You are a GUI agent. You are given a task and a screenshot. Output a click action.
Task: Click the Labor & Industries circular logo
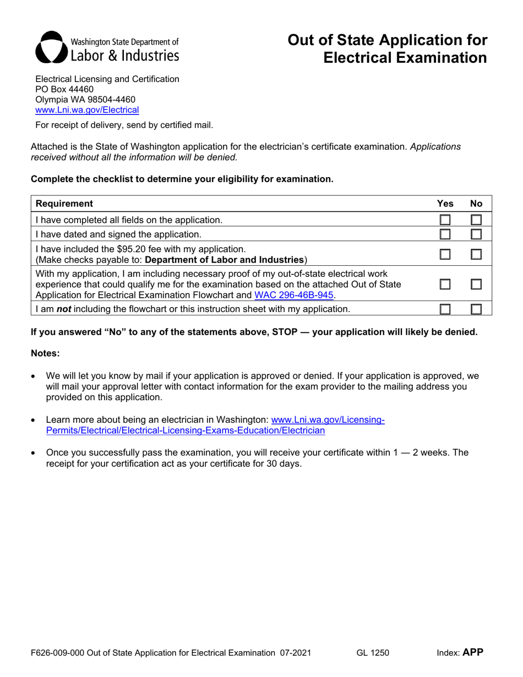(x=51, y=48)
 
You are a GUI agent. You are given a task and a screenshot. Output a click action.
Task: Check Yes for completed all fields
(x=444, y=220)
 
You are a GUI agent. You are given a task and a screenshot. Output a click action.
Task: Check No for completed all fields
(x=476, y=220)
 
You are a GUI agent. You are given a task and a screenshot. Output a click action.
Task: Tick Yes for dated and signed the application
(x=444, y=234)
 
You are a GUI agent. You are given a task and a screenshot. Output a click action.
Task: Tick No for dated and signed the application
(x=476, y=234)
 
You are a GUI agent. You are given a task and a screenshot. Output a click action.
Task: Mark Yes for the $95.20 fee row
(x=444, y=254)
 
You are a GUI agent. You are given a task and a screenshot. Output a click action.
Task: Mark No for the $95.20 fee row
(x=476, y=254)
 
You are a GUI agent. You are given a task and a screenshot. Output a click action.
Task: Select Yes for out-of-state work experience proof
(x=444, y=283)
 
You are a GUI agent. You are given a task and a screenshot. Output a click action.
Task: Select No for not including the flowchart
(x=476, y=309)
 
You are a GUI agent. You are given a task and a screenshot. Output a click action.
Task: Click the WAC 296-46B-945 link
(x=294, y=294)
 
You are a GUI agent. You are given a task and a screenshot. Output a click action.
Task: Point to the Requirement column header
(x=64, y=204)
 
